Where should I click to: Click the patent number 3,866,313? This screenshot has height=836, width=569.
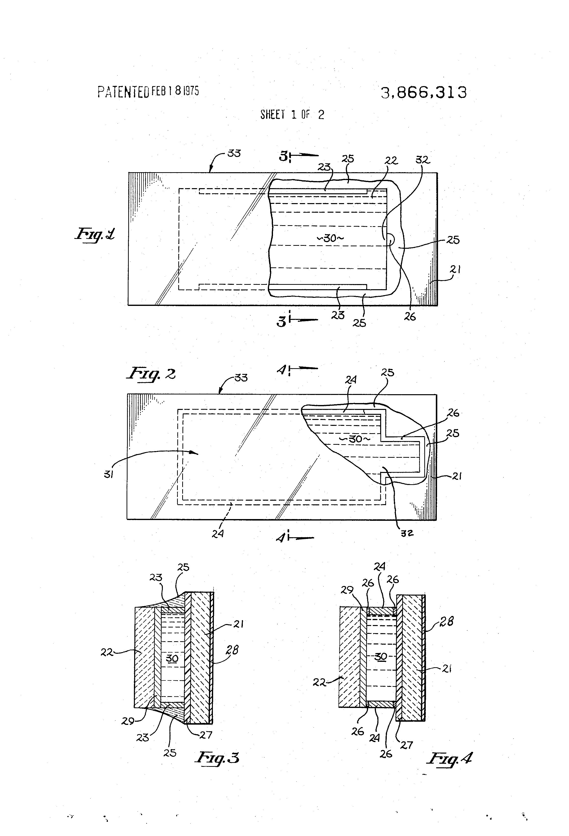click(424, 92)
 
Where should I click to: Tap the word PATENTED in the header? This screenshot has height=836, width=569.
click(123, 92)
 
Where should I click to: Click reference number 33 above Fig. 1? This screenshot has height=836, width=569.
click(234, 153)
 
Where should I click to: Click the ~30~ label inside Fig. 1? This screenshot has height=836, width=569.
click(330, 238)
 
